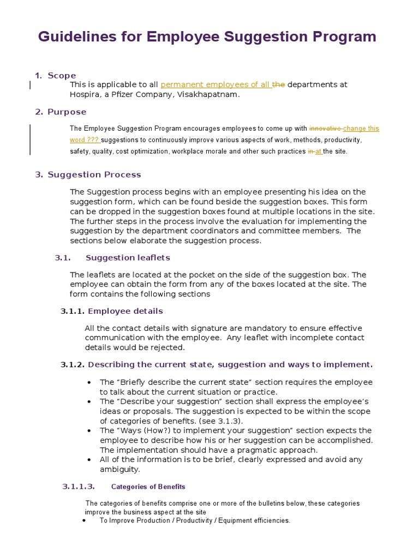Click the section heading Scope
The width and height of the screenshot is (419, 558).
[x=62, y=75]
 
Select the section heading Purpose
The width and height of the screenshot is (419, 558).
[x=67, y=112]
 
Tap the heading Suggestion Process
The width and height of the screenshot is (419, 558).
[x=94, y=174]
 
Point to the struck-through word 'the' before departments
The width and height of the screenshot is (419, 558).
[x=279, y=84]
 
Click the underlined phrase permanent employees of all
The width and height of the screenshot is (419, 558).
[x=216, y=84]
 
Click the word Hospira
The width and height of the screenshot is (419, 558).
[x=86, y=94]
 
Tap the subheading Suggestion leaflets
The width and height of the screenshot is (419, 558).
[x=128, y=257]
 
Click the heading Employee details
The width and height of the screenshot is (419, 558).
[x=125, y=311]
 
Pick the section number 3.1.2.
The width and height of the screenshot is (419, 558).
[x=73, y=364]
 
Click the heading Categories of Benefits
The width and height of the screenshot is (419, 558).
[x=148, y=487]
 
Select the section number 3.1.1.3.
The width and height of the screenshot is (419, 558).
[x=79, y=487]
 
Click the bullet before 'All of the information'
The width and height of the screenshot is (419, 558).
[x=89, y=459]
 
